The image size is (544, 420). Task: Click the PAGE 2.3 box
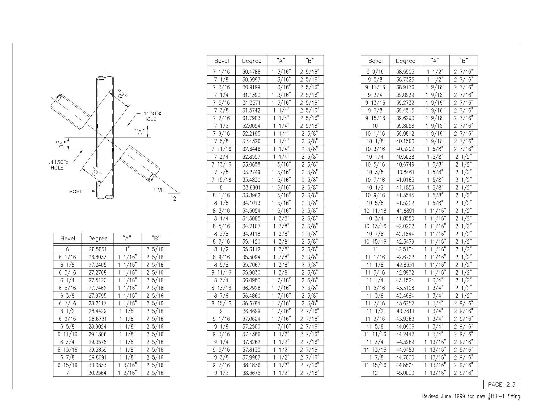(501, 384)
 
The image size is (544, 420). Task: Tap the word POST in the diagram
(76, 192)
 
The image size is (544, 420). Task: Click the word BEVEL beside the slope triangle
(159, 190)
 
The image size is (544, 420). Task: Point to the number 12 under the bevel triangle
(173, 199)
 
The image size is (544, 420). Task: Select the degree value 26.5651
(97, 249)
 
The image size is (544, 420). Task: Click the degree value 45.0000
(405, 373)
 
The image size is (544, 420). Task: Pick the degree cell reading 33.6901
(251, 188)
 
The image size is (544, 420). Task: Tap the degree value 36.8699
(251, 311)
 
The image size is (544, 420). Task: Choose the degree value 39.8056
(405, 126)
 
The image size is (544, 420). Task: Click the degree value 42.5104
(405, 249)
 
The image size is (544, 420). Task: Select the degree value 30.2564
(97, 373)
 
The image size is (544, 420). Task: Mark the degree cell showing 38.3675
(251, 373)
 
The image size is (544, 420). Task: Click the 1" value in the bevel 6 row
(127, 249)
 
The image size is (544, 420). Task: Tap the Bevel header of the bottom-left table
(68, 238)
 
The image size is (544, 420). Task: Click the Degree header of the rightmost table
(405, 61)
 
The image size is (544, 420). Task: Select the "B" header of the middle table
(310, 61)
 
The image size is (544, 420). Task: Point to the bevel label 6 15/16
(67, 365)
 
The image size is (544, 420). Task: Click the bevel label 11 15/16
(375, 365)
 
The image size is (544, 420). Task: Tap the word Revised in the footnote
(430, 396)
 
